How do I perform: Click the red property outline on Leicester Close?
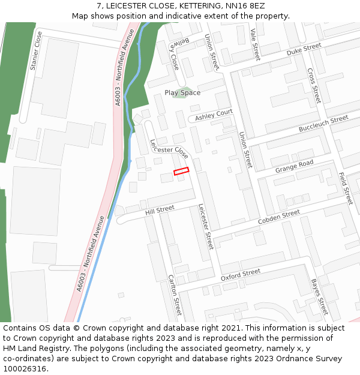tap(181, 171)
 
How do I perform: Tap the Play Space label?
tap(182, 93)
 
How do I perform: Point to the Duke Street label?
tap(304, 50)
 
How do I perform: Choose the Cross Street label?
tap(314, 85)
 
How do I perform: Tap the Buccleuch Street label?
tap(323, 124)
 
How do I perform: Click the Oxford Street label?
tap(241, 275)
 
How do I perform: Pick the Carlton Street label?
tap(175, 295)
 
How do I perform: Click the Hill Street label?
tap(159, 210)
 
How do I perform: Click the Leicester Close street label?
tap(170, 149)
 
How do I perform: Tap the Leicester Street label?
tap(206, 226)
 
